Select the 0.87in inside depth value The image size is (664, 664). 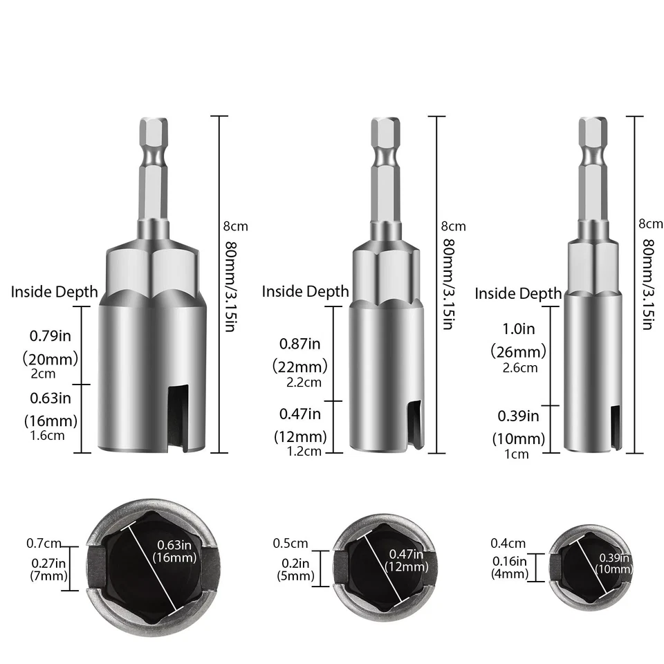pyautogui.click(x=300, y=343)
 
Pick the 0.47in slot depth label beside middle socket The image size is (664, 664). pyautogui.click(x=300, y=414)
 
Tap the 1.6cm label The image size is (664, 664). pyautogui.click(x=49, y=436)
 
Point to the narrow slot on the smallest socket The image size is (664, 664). pyautogui.click(x=615, y=429)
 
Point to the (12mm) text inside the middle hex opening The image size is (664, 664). pyautogui.click(x=405, y=566)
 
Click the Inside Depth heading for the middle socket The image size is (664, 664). pyautogui.click(x=305, y=292)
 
